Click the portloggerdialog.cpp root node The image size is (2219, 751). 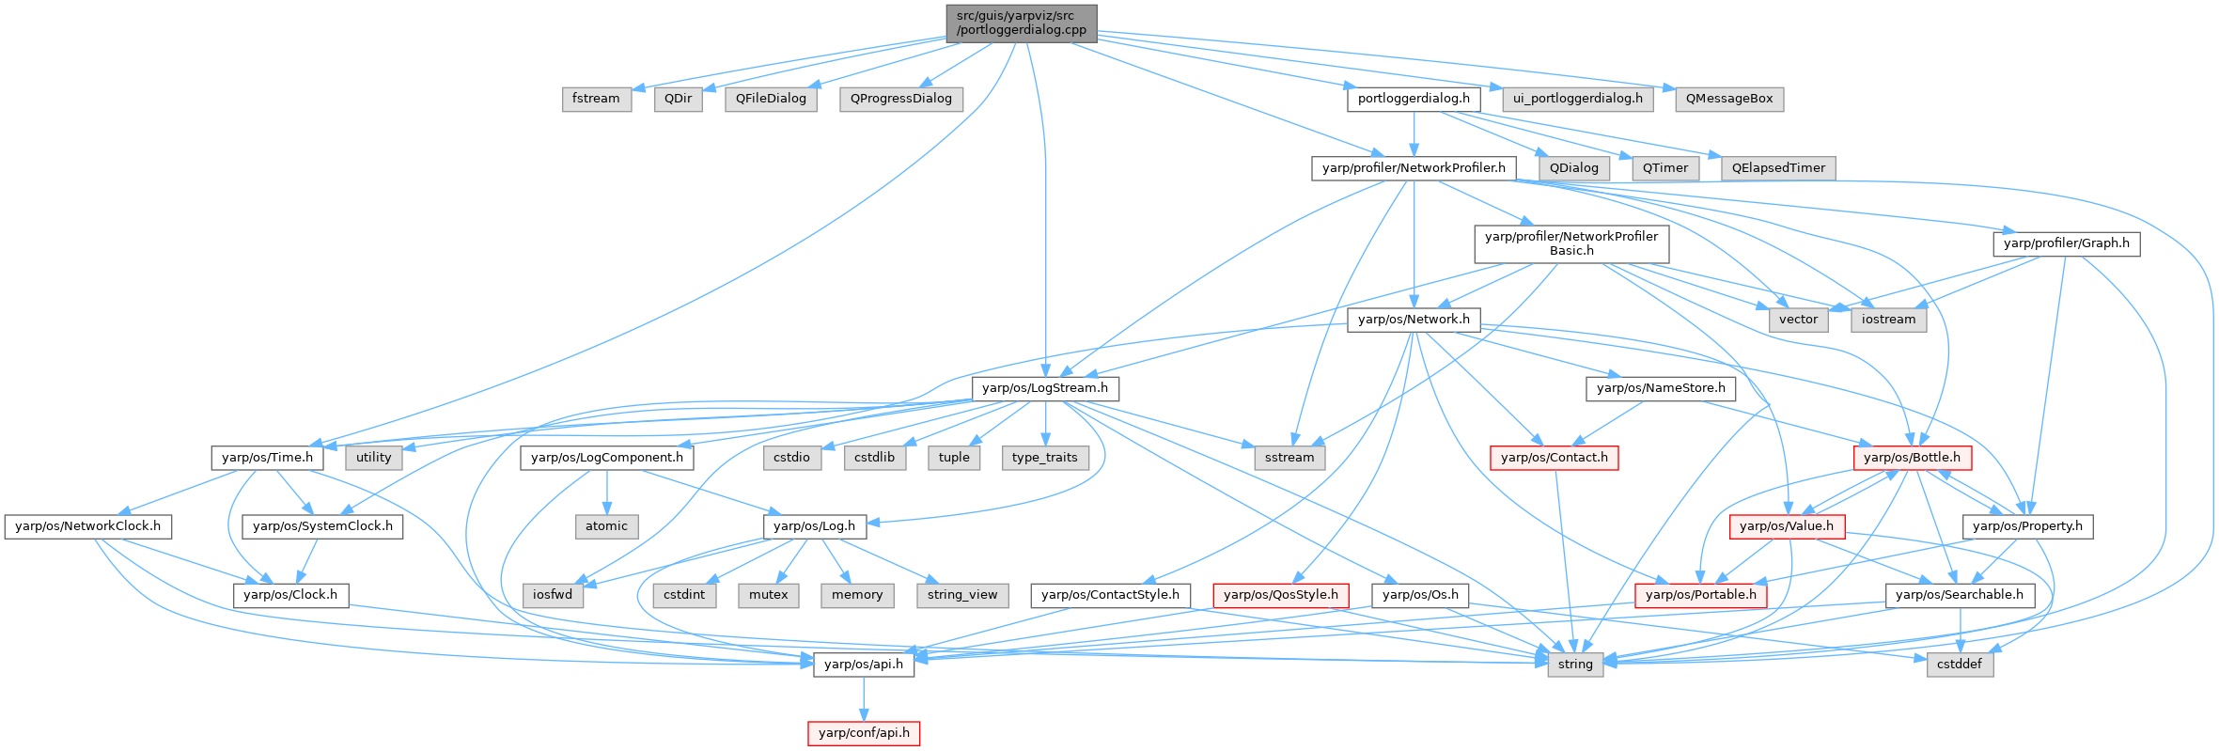(1021, 23)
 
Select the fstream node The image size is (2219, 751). (596, 99)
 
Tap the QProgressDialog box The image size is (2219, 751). (900, 99)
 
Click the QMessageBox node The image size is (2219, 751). (1728, 99)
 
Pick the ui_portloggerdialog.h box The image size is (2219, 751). (1578, 99)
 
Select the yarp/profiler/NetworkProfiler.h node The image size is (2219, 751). (1414, 168)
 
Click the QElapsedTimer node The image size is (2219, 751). (1778, 168)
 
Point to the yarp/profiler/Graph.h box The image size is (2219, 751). (2066, 243)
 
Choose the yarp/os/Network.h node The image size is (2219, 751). (1414, 320)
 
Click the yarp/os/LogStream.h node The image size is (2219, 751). (1044, 388)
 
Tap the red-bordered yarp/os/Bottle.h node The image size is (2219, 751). (1912, 458)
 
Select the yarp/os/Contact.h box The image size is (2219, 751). (1554, 458)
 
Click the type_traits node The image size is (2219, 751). (1044, 458)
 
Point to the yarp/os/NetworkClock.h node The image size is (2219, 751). (87, 526)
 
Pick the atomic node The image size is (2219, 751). (606, 526)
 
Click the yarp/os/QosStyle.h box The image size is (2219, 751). (1280, 595)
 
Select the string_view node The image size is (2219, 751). (962, 595)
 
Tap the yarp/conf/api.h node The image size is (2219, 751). (864, 733)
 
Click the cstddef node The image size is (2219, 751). (1960, 665)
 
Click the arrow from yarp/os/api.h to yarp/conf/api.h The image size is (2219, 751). (864, 698)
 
